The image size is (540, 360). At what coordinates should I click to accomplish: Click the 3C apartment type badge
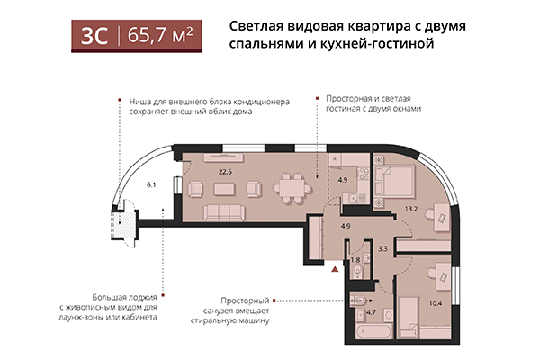click(x=94, y=36)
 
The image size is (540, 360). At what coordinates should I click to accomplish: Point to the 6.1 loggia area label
click(x=152, y=184)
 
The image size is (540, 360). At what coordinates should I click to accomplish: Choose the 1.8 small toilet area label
click(x=355, y=259)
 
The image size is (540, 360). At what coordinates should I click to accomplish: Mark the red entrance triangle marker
click(x=336, y=267)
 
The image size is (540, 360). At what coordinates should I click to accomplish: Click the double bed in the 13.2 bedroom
click(x=395, y=180)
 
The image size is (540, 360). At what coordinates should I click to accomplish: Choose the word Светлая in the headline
click(x=258, y=25)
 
